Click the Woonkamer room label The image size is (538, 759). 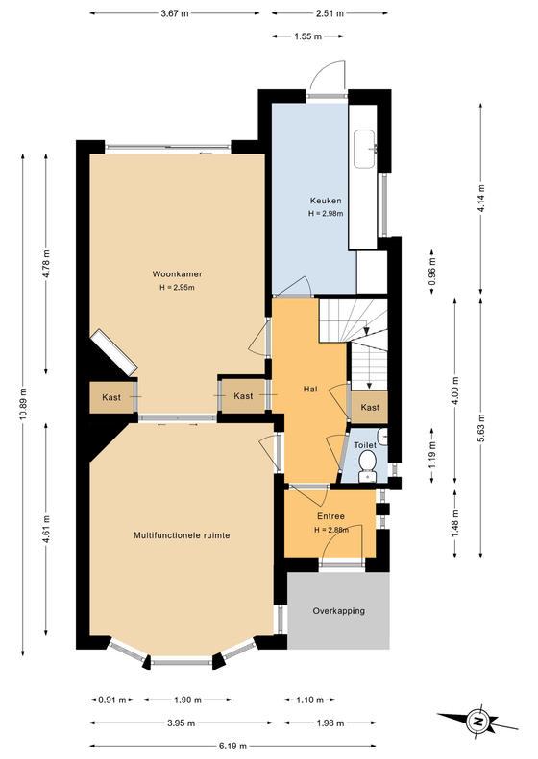point(177,274)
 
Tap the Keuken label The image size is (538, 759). point(326,201)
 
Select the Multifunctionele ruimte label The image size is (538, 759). point(182,535)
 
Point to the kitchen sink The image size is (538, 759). point(364,149)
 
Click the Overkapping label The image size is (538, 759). point(339,611)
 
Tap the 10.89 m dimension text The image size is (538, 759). point(23,405)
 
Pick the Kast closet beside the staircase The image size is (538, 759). point(370,407)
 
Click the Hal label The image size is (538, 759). point(310,389)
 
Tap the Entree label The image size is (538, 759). point(330,516)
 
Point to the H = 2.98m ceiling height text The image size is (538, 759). point(326,213)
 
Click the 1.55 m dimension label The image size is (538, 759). point(307,36)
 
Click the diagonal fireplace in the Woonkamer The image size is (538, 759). point(114,351)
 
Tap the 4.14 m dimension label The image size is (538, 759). point(480,199)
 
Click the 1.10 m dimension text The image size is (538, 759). point(309,700)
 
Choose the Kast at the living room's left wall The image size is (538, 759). point(111,397)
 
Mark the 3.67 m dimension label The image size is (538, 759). point(175,13)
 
